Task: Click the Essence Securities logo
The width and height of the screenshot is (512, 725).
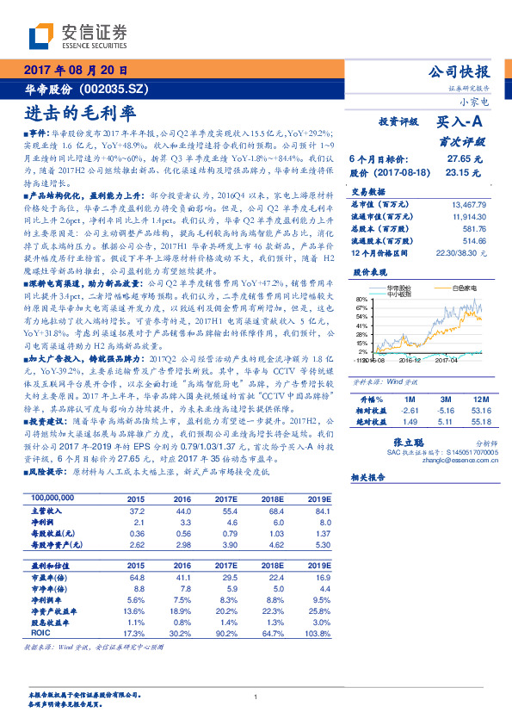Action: (x=78, y=35)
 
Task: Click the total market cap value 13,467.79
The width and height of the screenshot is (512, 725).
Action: (x=469, y=204)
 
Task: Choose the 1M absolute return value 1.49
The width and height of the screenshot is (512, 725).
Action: (x=410, y=422)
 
